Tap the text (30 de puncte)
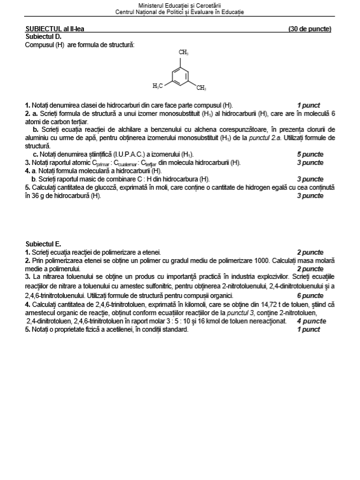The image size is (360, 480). pos(310,29)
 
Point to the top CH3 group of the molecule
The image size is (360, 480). pos(183,52)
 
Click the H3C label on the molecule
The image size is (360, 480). pos(158,85)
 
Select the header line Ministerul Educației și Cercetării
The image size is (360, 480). pos(179,5)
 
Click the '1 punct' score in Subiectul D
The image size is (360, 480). pos(308,105)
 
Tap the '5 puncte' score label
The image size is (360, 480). pos(310,154)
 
